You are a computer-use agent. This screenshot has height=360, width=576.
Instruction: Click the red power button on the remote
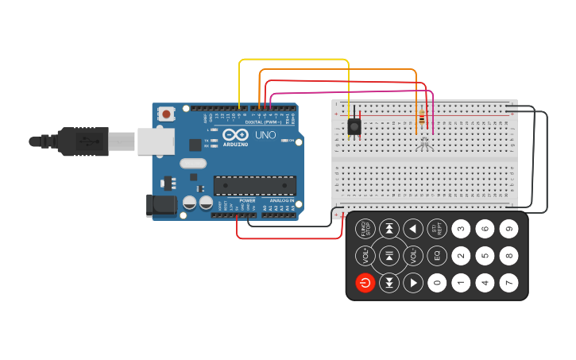tap(365, 282)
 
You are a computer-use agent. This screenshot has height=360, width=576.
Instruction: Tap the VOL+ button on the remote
tap(365, 255)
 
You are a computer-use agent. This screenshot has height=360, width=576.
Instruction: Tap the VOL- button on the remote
tap(412, 255)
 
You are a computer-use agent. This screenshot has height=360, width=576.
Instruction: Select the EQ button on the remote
tap(436, 255)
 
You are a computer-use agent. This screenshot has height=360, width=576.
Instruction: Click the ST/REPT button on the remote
tap(436, 229)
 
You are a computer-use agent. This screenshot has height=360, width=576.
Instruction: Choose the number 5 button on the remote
tap(485, 255)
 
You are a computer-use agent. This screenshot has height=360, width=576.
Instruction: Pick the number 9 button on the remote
tap(508, 229)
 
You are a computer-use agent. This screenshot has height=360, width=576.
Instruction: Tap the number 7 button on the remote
tap(508, 282)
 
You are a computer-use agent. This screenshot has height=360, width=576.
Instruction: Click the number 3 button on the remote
tap(461, 229)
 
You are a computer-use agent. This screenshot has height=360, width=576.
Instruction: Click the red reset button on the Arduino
tap(166, 114)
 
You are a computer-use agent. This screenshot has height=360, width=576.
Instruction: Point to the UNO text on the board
tap(265, 135)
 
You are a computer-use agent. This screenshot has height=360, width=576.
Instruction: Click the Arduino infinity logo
tap(235, 134)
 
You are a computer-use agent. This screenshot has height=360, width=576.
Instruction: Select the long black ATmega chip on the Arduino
tap(254, 185)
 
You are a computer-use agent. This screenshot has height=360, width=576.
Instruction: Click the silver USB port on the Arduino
tap(155, 141)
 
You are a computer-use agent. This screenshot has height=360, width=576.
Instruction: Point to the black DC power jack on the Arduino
tap(161, 205)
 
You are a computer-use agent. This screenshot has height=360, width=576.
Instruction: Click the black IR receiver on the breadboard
tap(354, 126)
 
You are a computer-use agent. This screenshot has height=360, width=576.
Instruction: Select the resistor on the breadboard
tap(420, 119)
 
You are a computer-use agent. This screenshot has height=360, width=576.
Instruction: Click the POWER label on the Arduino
tap(248, 200)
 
